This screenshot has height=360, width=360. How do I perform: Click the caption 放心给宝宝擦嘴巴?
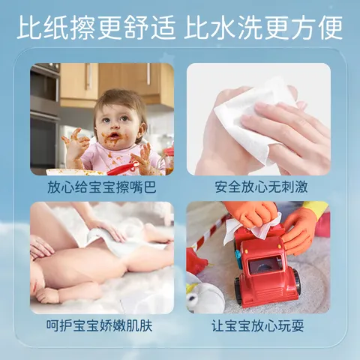(x=102, y=187)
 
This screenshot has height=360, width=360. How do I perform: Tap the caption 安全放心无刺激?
(x=261, y=187)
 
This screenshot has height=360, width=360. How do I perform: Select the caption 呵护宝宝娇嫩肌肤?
(x=100, y=325)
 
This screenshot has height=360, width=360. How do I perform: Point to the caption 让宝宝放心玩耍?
(x=258, y=325)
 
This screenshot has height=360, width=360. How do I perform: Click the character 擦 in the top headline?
(x=83, y=27)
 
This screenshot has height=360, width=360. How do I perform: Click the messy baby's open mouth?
(x=114, y=136)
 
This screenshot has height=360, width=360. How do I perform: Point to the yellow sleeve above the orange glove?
(x=316, y=209)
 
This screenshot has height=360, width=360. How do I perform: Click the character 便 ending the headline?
(x=328, y=27)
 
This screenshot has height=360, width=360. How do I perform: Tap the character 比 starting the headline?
(x=31, y=27)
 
